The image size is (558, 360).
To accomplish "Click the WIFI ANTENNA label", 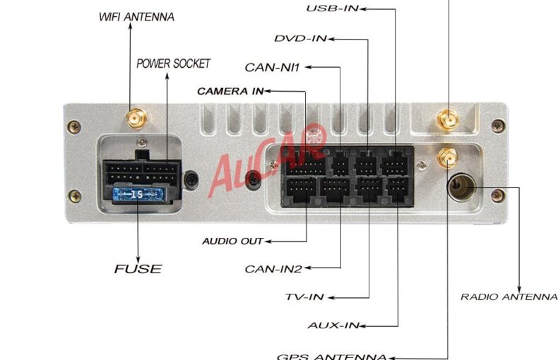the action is coord(136,17).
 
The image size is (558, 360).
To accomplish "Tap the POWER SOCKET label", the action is coord(173,64).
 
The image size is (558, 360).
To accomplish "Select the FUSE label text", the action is coord(138,269).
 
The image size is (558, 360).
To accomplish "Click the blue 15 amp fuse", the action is coord(138,194).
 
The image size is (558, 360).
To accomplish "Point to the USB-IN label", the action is coord(333,8).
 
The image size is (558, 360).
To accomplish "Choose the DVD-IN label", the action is coord(301,38).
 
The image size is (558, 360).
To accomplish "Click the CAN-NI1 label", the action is coord(272,67).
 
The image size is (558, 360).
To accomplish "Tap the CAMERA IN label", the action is coord(230,92).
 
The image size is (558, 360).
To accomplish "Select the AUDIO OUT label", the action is coord(232,241).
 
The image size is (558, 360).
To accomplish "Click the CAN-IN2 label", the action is coord(273,269).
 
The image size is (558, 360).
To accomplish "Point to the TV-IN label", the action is coord(304,297).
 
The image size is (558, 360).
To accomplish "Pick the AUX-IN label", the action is coord(333,325).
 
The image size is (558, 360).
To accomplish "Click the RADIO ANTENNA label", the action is coord(509,296).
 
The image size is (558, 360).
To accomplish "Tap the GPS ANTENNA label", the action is coord(332,356).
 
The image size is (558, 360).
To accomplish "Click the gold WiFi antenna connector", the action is coord(136,118).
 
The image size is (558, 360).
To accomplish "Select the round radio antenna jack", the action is coord(461,187).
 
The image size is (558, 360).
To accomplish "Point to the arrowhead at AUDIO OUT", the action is coord(268,241).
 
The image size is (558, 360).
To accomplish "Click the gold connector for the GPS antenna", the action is coord(447,157).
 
